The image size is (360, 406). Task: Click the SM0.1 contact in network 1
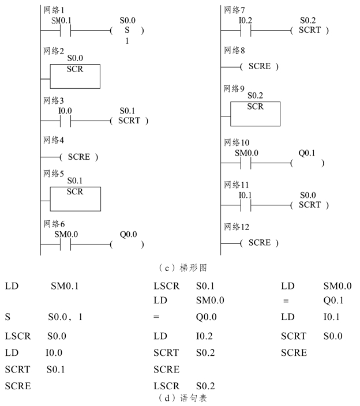tap(65, 31)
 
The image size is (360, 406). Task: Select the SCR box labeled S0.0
tap(75, 76)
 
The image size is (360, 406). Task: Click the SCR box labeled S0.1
tap(75, 198)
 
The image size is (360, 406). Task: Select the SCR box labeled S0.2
tap(254, 114)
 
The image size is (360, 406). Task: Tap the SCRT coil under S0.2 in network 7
tap(310, 31)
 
